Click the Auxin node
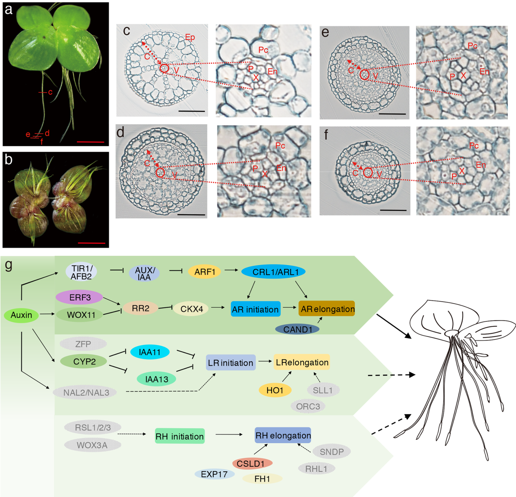(21, 315)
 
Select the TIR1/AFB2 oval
(81, 272)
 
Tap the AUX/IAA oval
(144, 273)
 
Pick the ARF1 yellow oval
(205, 272)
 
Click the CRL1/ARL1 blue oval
(273, 272)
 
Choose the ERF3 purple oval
(80, 297)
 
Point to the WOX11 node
(81, 315)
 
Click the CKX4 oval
(191, 309)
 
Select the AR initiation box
(255, 309)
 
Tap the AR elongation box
(327, 309)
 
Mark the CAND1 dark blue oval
(297, 329)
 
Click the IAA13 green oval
(157, 379)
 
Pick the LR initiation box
(231, 363)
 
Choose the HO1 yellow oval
(275, 390)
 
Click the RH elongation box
(283, 435)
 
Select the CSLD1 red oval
(252, 463)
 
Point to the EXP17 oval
(214, 474)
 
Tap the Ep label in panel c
(190, 37)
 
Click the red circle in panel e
(364, 75)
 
